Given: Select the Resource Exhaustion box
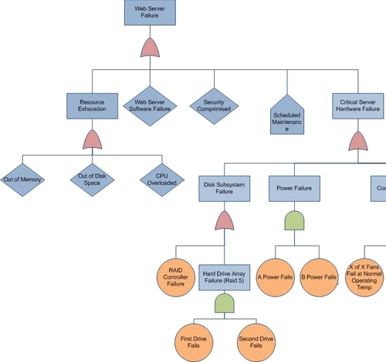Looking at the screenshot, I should pos(93,105).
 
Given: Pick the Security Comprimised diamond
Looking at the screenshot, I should pos(214,106).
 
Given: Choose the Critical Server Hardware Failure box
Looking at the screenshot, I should pos(358,105).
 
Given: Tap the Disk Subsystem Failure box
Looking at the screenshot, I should pos(224,189).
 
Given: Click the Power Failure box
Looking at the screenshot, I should pos(293,188).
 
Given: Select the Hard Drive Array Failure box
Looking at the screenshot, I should pos(224,277).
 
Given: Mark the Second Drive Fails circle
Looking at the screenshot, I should pos(254,342).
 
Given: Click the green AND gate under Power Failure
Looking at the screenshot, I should pos(293,221).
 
